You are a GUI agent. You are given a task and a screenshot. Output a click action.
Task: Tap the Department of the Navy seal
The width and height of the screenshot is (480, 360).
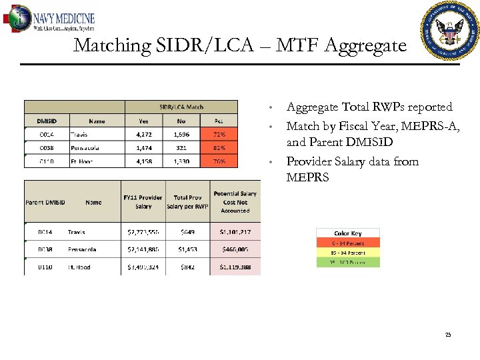[450, 30]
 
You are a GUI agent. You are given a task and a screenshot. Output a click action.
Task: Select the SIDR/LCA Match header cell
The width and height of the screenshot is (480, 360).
[181, 107]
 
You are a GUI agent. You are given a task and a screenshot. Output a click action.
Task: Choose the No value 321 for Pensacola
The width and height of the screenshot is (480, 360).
[181, 148]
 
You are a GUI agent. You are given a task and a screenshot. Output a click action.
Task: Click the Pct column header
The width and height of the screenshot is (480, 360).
[219, 121]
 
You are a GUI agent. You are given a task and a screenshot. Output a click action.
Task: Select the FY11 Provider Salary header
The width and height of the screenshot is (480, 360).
[143, 202]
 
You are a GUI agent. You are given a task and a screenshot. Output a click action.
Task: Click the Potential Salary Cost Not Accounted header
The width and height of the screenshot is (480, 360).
[235, 202]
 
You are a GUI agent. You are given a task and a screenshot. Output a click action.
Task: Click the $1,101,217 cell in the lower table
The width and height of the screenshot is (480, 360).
[235, 232]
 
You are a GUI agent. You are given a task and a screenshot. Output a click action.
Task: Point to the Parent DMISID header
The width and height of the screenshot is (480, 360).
[45, 202]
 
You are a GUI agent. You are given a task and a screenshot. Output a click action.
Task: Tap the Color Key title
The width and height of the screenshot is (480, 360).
[347, 233]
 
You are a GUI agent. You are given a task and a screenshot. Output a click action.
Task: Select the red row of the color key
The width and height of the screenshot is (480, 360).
[347, 243]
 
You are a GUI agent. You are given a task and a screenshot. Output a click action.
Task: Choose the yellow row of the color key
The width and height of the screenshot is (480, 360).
[347, 253]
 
